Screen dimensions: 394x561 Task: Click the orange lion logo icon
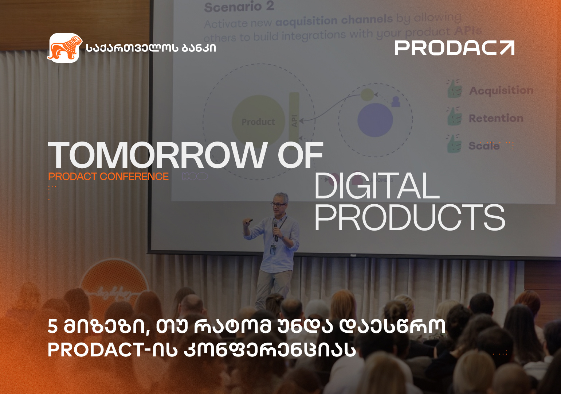(x=64, y=48)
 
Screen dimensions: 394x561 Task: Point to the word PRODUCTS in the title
(x=409, y=218)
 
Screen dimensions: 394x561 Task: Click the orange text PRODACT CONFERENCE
(x=108, y=177)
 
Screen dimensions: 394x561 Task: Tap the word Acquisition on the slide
(x=501, y=90)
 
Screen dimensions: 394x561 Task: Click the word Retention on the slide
(x=496, y=119)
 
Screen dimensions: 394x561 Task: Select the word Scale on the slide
(x=484, y=146)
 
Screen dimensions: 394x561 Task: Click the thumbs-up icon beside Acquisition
(x=454, y=89)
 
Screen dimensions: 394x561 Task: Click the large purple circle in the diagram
(x=375, y=120)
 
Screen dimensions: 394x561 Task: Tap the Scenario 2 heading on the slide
(x=239, y=7)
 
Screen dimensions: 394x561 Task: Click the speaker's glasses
(x=278, y=205)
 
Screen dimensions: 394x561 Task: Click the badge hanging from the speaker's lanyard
(x=273, y=250)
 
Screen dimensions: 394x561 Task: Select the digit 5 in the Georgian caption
(x=53, y=326)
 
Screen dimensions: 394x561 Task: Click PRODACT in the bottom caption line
(x=97, y=350)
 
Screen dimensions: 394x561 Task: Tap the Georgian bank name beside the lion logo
(x=151, y=48)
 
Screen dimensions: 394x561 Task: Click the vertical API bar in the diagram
(x=294, y=117)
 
